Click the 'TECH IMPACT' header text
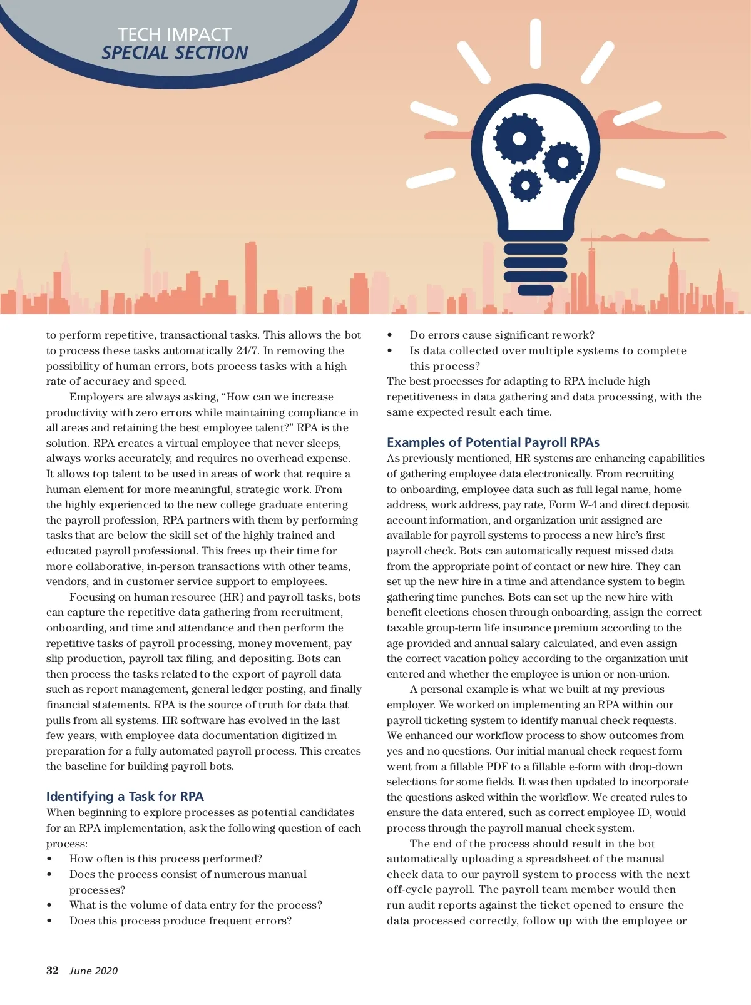(175, 34)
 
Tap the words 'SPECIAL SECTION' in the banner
(175, 53)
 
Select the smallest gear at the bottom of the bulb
(526, 185)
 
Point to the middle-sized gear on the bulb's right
(563, 163)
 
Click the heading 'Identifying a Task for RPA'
(125, 797)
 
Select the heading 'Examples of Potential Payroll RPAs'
(493, 442)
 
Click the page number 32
(53, 971)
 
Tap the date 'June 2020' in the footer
(93, 971)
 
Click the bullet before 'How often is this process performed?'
(50, 859)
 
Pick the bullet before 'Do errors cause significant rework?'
(390, 335)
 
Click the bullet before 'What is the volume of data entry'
(50, 906)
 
